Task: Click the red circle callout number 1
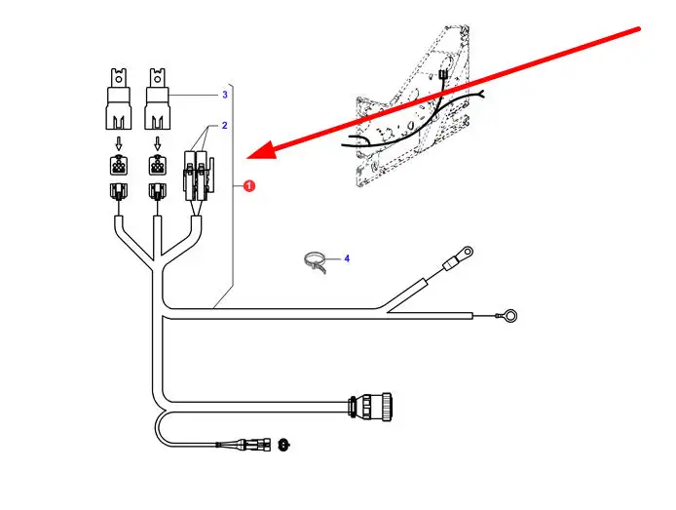click(248, 185)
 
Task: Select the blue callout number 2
click(224, 126)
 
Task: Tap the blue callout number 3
click(225, 95)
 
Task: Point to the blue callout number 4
click(346, 258)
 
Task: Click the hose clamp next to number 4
click(315, 262)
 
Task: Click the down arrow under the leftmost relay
click(119, 142)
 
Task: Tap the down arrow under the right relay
click(156, 142)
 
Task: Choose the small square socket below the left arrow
click(119, 165)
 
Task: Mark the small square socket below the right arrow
click(156, 165)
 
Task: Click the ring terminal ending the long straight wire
click(507, 316)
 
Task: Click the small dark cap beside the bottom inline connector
click(284, 444)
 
